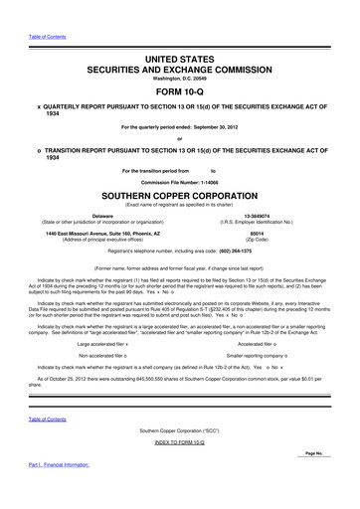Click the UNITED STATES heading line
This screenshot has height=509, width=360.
pos(180,60)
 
